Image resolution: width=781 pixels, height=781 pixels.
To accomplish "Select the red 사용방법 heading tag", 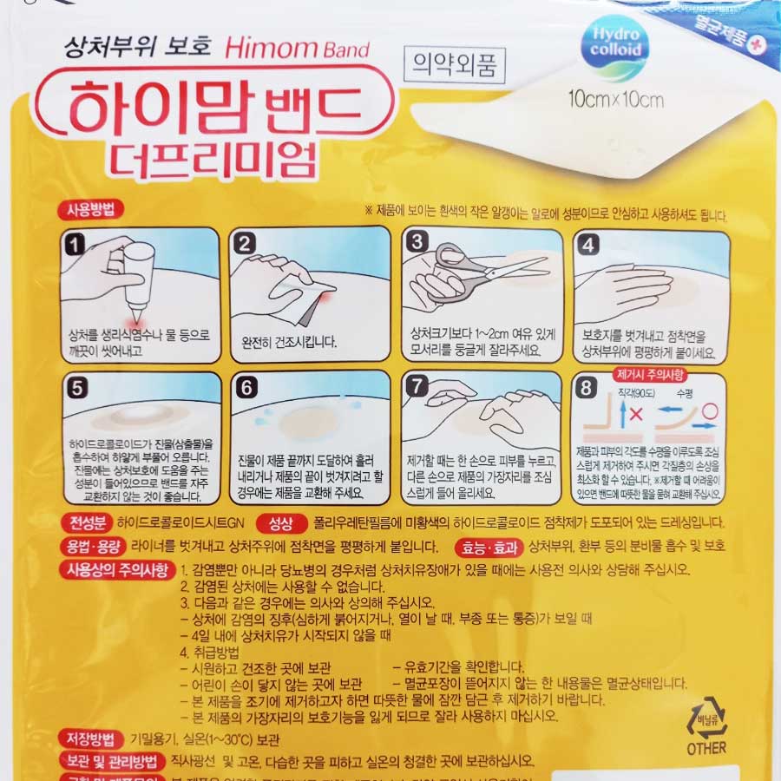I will pos(93,209).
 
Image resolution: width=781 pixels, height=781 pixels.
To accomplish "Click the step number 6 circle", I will pos(246,388).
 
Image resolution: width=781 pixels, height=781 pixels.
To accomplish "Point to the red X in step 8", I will pos(633,414).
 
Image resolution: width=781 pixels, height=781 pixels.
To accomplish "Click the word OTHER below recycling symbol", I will pos(706,747).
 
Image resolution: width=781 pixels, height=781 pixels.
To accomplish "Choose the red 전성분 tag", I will pos(83,523).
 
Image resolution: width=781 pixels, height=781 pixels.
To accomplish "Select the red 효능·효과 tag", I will pos(488,547).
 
